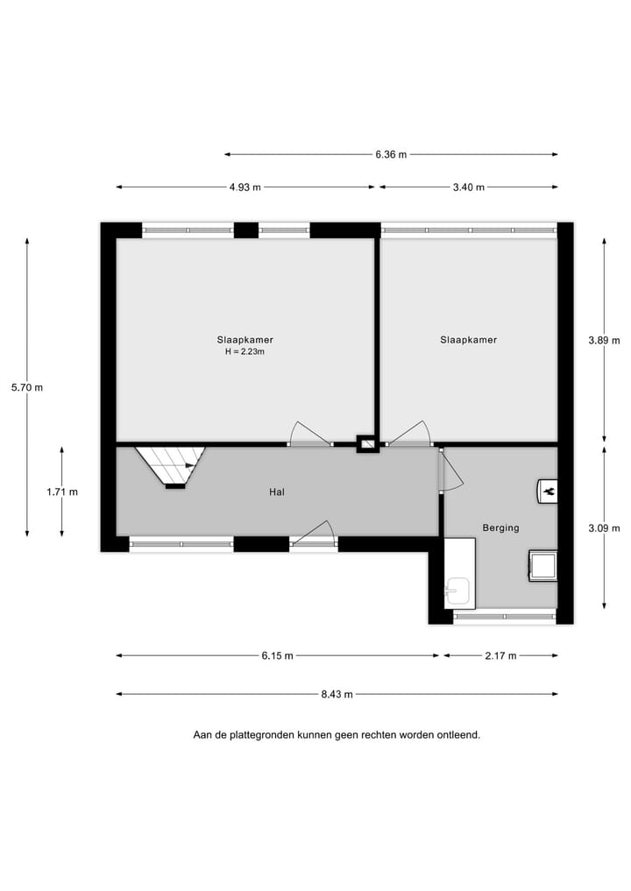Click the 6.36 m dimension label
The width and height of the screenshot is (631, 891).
tap(391, 155)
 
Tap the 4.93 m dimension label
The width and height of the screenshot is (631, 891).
tap(245, 187)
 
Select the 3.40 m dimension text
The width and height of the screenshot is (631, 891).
tap(468, 187)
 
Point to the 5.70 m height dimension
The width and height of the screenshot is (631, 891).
tap(27, 387)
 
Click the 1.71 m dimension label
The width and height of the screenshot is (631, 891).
tap(62, 492)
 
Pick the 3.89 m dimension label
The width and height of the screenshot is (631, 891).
tap(604, 341)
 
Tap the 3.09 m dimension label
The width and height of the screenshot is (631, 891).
tap(604, 528)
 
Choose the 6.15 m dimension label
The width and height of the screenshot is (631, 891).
tap(277, 656)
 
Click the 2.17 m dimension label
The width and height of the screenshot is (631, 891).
tap(500, 656)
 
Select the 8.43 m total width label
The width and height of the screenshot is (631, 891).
tap(337, 695)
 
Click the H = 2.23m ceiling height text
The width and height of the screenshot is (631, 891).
tap(245, 352)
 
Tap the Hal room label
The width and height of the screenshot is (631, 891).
tap(277, 492)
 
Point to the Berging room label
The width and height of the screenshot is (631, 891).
tap(500, 528)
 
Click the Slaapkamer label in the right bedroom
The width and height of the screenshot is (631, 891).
tap(468, 340)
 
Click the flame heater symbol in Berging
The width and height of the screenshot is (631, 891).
tap(548, 492)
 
